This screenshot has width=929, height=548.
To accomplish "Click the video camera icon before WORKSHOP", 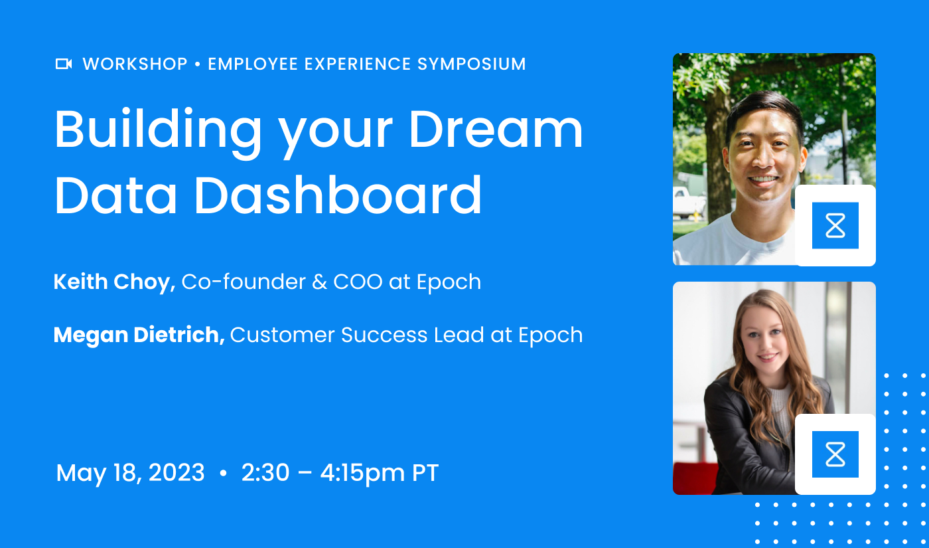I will [64, 64].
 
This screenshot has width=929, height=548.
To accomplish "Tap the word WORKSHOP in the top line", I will [135, 64].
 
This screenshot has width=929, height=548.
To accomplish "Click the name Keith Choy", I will [113, 282].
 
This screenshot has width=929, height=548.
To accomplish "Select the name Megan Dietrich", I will [139, 335].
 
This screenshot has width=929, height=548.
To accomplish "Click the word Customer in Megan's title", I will [283, 335].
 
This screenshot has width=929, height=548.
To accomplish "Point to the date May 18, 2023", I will [131, 473].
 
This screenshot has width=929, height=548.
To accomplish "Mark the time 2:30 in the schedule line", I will [265, 473].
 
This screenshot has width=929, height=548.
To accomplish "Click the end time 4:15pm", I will [362, 473].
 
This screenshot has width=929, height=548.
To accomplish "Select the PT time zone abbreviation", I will [425, 473].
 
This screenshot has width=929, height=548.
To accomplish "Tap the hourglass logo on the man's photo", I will [835, 226].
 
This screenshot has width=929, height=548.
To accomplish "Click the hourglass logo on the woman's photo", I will [835, 454].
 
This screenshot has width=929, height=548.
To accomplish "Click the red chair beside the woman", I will [694, 478].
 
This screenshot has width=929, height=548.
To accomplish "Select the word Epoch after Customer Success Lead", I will [550, 335].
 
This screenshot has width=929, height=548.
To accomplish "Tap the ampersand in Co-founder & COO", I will [319, 282].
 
